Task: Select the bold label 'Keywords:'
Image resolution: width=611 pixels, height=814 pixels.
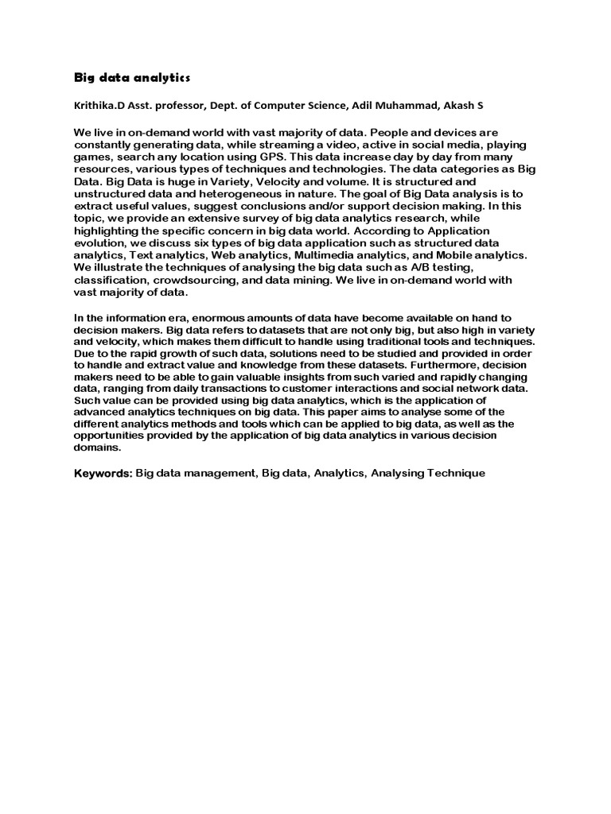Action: point(103,474)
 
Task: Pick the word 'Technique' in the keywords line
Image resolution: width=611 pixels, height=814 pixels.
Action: point(456,474)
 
